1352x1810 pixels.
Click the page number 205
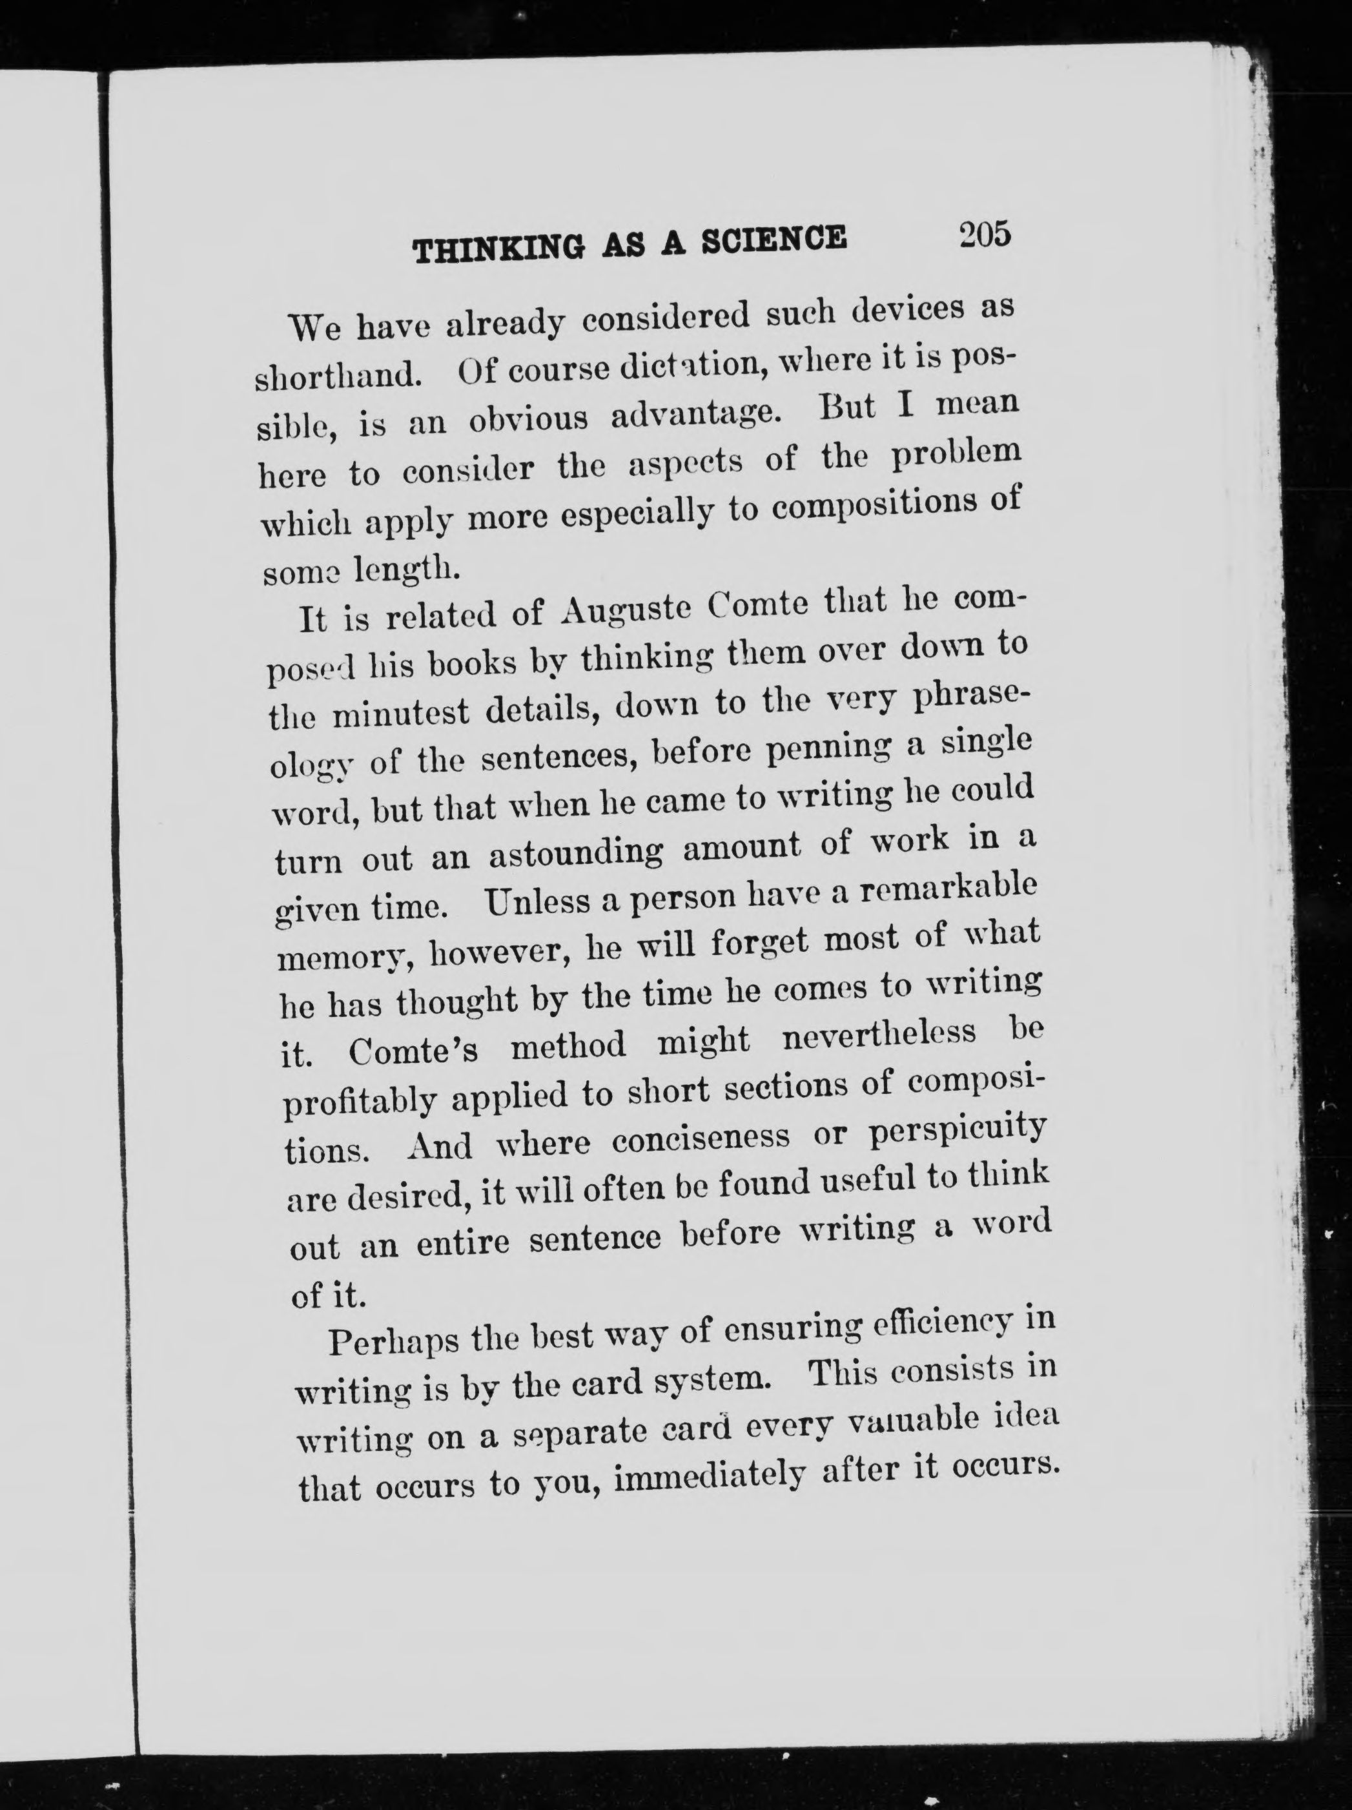pyautogui.click(x=986, y=235)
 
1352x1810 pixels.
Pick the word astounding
pyautogui.click(x=576, y=854)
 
